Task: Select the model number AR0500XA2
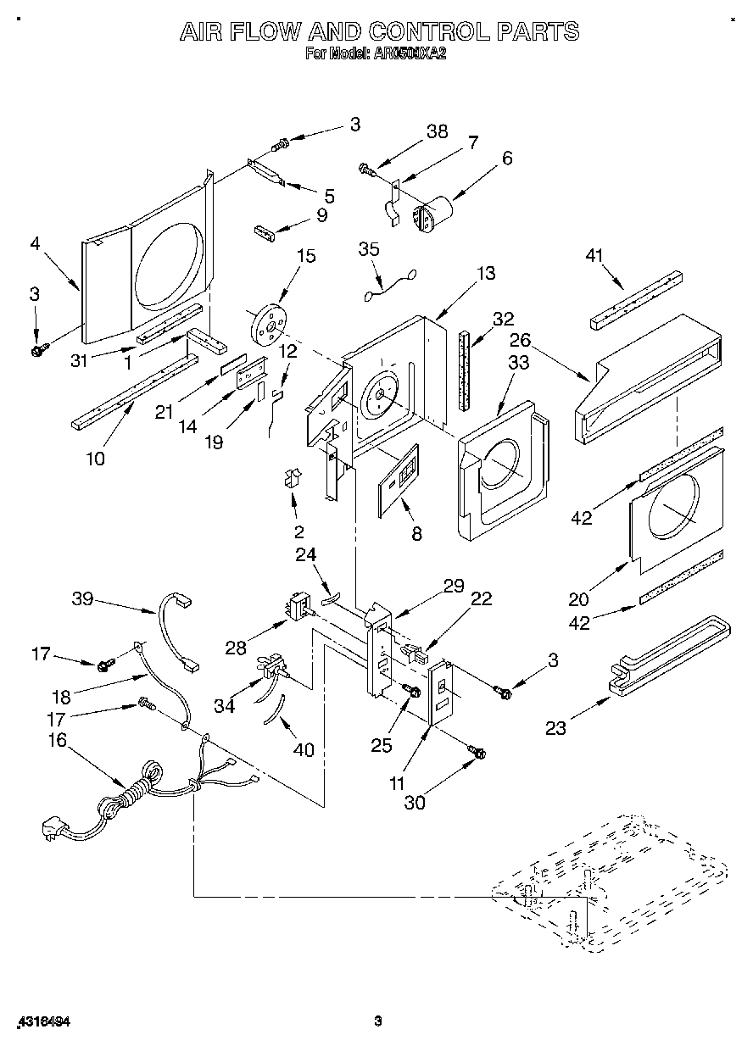pyautogui.click(x=410, y=53)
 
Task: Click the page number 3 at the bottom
pyautogui.click(x=378, y=1022)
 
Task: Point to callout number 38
pyautogui.click(x=437, y=132)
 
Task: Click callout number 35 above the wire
pyautogui.click(x=369, y=249)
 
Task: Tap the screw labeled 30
pyautogui.click(x=477, y=752)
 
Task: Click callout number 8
pyautogui.click(x=416, y=534)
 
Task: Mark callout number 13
pyautogui.click(x=485, y=273)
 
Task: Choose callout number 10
pyautogui.click(x=95, y=459)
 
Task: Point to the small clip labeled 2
pyautogui.click(x=293, y=479)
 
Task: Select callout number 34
pyautogui.click(x=224, y=706)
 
